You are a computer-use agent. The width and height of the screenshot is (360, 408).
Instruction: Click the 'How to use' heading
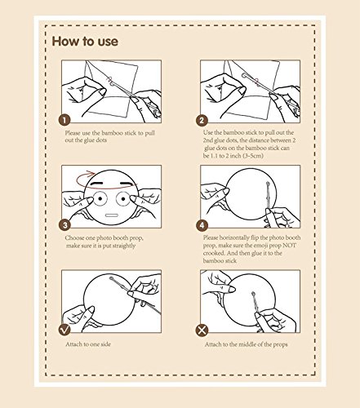click(85, 42)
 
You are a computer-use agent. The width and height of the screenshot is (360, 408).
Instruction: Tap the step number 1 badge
click(64, 120)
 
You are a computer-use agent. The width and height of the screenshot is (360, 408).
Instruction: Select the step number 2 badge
click(202, 120)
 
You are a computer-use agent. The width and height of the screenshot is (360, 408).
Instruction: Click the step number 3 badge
click(64, 225)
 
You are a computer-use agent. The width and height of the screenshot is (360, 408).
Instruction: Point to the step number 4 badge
click(202, 225)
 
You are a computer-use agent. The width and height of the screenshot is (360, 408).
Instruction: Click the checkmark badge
click(64, 330)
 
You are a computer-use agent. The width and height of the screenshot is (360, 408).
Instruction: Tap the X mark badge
click(202, 330)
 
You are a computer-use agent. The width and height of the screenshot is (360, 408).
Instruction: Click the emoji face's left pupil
click(100, 198)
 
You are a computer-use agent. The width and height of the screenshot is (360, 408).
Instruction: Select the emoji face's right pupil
click(123, 199)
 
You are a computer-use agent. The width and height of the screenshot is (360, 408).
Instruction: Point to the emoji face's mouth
click(112, 215)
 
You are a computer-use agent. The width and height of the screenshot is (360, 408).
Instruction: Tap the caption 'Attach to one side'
click(88, 344)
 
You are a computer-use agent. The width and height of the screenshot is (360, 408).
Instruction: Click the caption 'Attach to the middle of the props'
click(246, 344)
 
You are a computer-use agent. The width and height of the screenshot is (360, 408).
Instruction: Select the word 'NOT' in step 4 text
click(289, 246)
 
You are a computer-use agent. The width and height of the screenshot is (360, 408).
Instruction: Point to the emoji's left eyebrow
click(99, 183)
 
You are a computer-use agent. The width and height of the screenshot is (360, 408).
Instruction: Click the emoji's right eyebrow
click(125, 184)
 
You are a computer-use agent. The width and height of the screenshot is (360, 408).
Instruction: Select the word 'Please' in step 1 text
click(73, 133)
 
